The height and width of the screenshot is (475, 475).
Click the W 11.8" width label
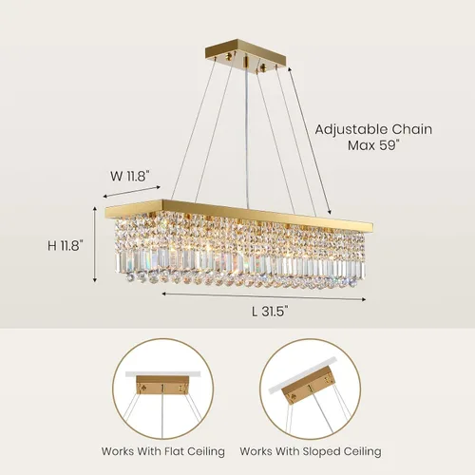click(x=129, y=176)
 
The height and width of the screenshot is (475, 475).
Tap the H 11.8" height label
click(x=66, y=245)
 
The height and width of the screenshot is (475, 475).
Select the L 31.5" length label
click(x=271, y=312)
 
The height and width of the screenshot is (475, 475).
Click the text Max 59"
click(x=372, y=145)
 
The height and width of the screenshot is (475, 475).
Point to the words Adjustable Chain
click(x=373, y=129)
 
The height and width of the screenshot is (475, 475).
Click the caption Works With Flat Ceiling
click(x=163, y=451)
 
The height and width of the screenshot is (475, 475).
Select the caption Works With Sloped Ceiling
click(x=311, y=451)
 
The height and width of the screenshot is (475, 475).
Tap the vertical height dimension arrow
click(x=94, y=244)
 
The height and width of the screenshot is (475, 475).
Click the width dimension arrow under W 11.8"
click(x=132, y=192)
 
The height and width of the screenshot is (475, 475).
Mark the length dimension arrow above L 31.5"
click(x=264, y=296)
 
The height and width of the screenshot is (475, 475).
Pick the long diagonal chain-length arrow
click(x=310, y=141)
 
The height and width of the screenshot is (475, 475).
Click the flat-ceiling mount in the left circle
click(x=162, y=385)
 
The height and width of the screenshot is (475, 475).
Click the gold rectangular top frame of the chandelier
click(x=239, y=215)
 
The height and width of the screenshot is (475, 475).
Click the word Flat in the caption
click(x=174, y=450)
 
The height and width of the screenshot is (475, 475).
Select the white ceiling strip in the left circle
click(x=163, y=373)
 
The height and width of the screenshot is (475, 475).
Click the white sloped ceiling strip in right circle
click(x=302, y=375)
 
